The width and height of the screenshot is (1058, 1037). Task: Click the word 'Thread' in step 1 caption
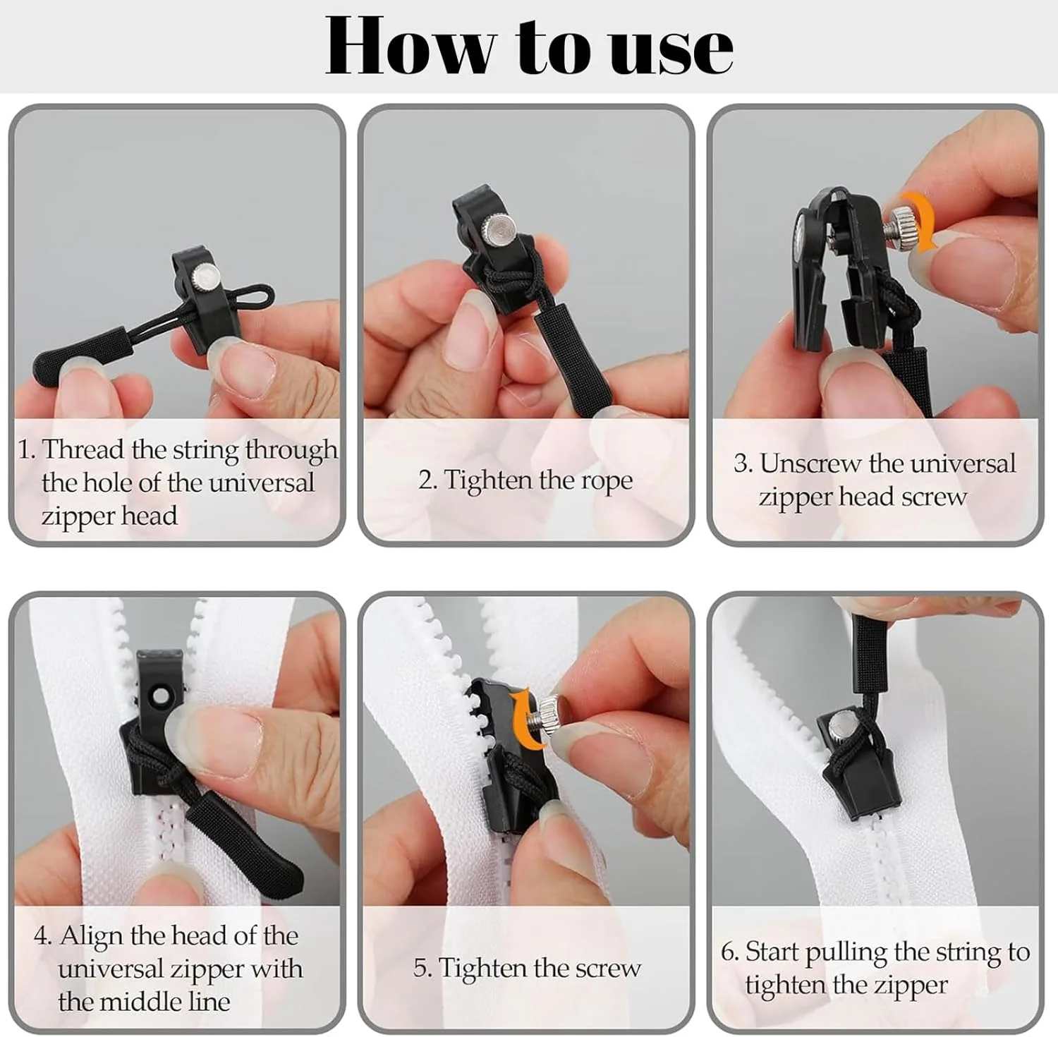click(x=83, y=449)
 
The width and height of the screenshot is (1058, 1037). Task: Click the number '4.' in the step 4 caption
click(x=43, y=937)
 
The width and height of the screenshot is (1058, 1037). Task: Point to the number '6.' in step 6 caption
click(x=729, y=952)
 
